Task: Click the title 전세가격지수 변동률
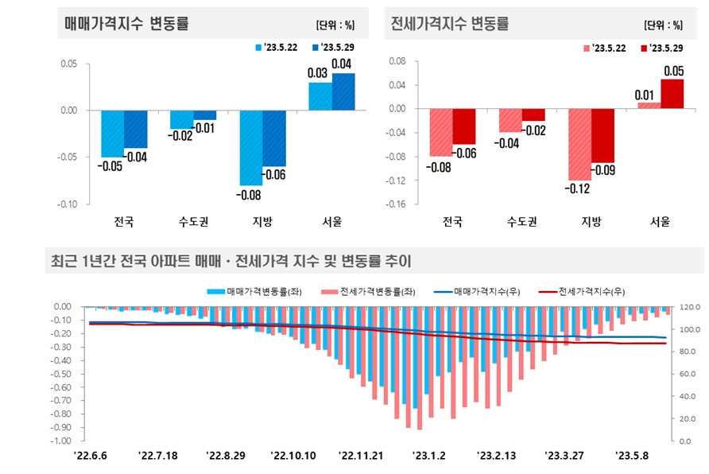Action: click(x=449, y=24)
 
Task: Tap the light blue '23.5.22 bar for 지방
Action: click(x=250, y=147)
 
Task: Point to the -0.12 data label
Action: click(x=579, y=188)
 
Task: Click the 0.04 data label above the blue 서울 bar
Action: click(x=342, y=64)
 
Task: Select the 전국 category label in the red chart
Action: click(x=452, y=222)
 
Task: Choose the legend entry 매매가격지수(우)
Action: click(x=486, y=292)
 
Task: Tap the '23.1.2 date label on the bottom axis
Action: click(x=429, y=456)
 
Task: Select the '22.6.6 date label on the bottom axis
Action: click(x=90, y=456)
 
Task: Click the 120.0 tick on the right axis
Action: click(x=688, y=307)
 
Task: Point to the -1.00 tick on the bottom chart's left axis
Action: click(x=62, y=441)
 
